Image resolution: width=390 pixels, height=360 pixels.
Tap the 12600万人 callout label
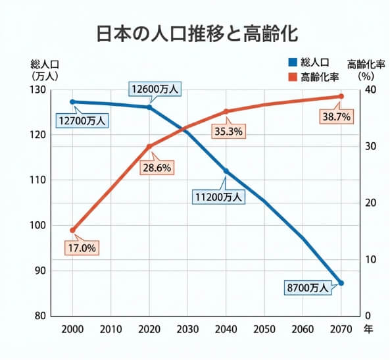point(155,89)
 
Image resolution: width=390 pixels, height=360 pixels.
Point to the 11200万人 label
point(218,196)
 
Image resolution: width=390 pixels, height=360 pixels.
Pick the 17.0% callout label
point(82,248)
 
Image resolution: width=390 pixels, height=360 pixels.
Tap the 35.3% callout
point(229,131)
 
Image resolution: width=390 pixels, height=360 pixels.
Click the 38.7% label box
point(336,116)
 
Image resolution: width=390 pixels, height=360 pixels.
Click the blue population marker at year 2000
point(72,102)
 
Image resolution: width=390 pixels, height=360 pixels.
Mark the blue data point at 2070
point(341,283)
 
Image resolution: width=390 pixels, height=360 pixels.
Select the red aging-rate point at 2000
point(72,230)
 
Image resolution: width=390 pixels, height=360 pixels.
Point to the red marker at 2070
point(341,97)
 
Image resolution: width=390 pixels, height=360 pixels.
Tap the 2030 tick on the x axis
point(187,328)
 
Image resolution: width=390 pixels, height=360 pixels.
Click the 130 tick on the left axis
point(40,90)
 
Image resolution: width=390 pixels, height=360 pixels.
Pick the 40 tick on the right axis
point(370,90)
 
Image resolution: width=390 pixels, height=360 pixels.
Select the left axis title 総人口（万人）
point(44,69)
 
